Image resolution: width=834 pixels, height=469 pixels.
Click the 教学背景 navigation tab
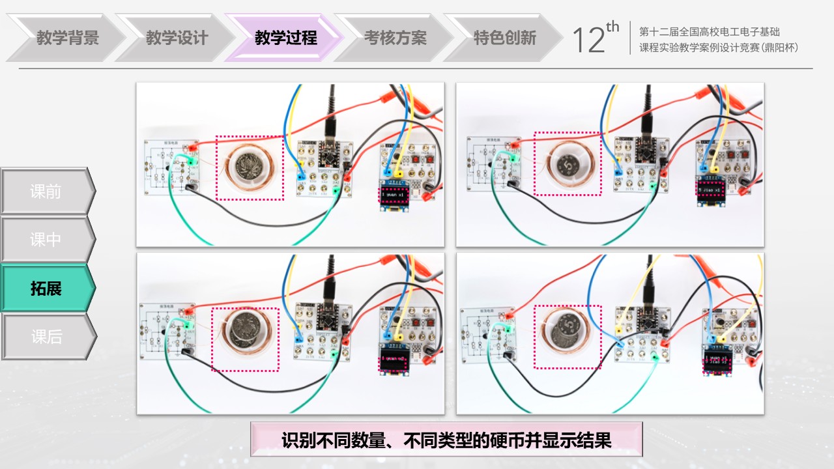click(x=67, y=38)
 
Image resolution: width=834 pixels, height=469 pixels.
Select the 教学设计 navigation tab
click(x=177, y=38)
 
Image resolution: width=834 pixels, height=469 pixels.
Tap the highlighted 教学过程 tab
click(x=285, y=38)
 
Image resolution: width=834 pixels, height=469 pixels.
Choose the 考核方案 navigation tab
click(x=395, y=38)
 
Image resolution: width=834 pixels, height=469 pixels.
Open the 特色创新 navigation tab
click(x=504, y=38)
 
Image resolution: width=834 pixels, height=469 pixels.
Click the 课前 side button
click(x=46, y=192)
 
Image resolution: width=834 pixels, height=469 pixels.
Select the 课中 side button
click(x=46, y=240)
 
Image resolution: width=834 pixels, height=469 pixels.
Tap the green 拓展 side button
click(x=46, y=288)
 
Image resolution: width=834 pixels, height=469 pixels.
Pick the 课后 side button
click(x=46, y=337)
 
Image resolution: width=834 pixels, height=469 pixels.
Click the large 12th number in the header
click(x=594, y=39)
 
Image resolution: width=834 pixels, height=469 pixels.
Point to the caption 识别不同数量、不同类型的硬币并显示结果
click(x=446, y=440)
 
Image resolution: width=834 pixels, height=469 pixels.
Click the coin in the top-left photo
click(x=249, y=165)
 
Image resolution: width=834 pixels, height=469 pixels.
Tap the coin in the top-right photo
click(x=566, y=163)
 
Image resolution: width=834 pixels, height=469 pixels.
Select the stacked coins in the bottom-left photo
click(x=246, y=330)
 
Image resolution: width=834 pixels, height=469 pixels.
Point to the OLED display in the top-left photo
click(x=394, y=195)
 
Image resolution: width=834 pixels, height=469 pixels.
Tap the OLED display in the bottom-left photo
click(x=394, y=360)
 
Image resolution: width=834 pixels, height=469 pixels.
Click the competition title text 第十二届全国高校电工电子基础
click(x=710, y=31)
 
